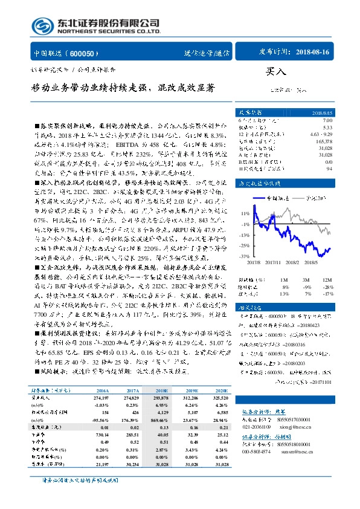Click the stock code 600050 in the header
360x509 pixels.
(x=91, y=53)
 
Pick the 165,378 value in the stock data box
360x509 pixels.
(x=324, y=140)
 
